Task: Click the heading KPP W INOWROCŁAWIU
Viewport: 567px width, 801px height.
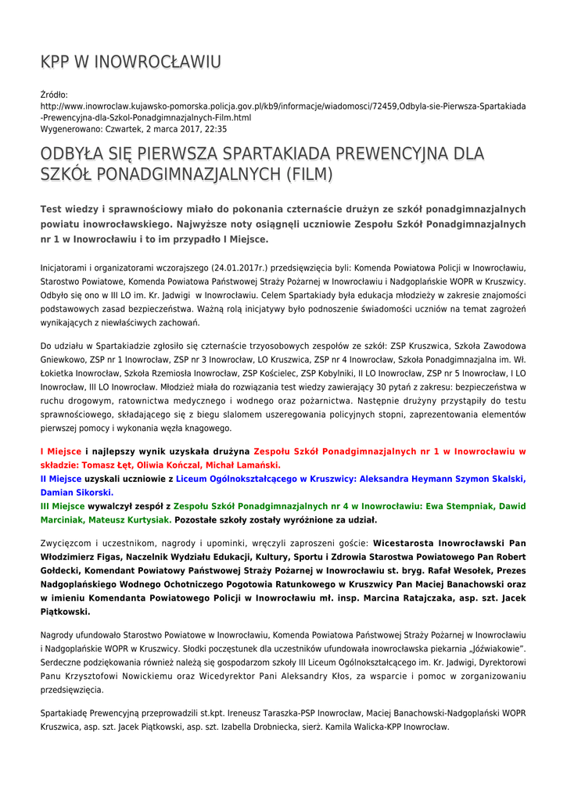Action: (131, 62)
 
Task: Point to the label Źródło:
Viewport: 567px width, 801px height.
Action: (54, 95)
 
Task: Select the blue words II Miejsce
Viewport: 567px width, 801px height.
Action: (61, 479)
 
